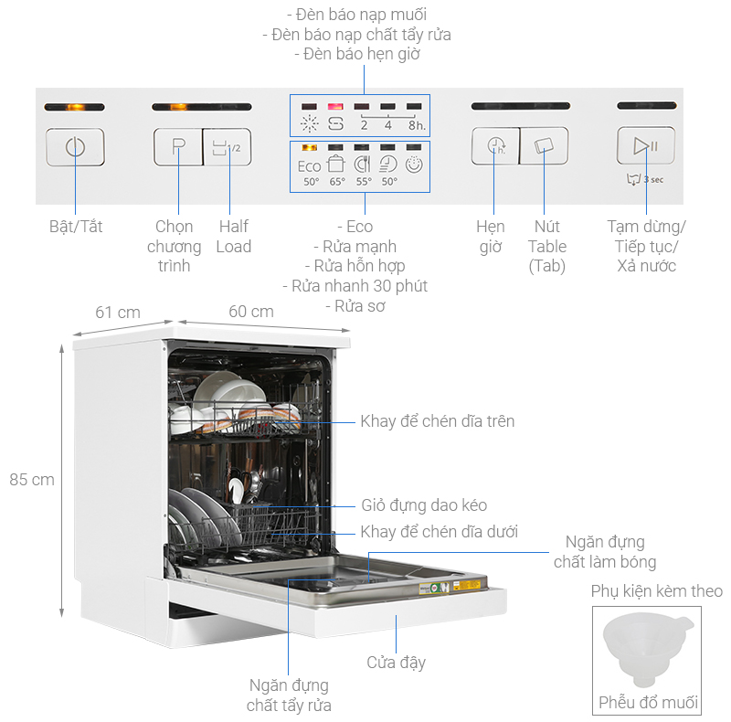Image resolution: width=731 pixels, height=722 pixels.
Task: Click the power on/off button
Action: coord(75,146)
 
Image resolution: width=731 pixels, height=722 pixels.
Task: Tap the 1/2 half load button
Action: coord(226,146)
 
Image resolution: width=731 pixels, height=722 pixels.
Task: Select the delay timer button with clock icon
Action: coord(495,145)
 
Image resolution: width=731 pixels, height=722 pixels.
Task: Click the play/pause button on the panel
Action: coord(646,145)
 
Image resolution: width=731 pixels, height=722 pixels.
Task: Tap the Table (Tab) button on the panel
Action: coord(544,145)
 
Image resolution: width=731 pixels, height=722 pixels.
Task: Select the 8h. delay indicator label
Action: coord(416,125)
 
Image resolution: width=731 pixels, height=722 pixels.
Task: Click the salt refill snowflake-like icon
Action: coord(310,125)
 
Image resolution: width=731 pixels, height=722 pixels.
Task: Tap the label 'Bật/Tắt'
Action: coord(76,226)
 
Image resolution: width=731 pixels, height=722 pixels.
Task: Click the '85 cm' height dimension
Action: coord(32,479)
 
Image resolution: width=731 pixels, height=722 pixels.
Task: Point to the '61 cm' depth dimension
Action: coord(118,312)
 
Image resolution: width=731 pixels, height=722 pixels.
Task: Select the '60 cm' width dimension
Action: coord(250,312)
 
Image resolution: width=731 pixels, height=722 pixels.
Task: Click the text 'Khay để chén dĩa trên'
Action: coord(437,421)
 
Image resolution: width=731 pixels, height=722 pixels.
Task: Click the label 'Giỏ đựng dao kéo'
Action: coord(423,504)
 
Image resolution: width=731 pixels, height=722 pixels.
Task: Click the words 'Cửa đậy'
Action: coord(396,662)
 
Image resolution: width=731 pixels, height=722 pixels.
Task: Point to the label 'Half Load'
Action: coord(233,236)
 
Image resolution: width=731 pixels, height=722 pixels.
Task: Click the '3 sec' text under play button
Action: coord(653,179)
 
